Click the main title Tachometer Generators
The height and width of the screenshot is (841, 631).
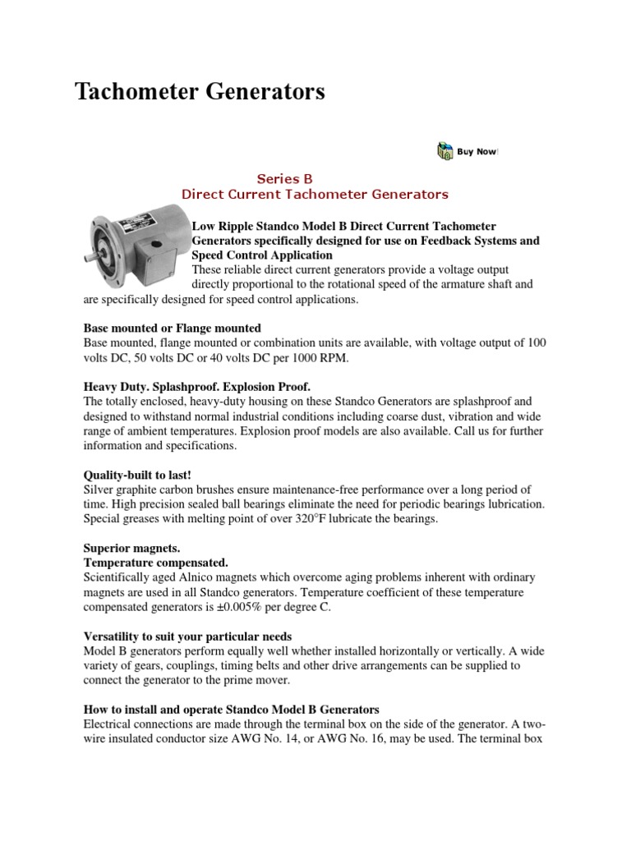point(200,92)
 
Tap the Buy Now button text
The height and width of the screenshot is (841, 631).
point(477,151)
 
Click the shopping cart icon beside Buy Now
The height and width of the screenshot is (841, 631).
point(444,151)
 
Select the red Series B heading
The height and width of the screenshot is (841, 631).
point(285,178)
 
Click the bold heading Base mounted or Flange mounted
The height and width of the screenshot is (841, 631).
point(173,328)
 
